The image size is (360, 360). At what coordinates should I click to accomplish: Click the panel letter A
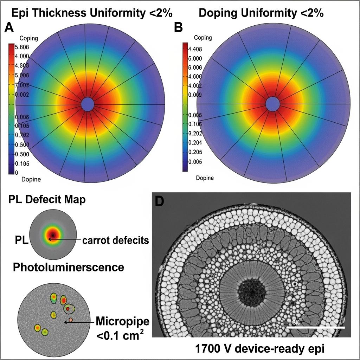pyautogui.click(x=9, y=27)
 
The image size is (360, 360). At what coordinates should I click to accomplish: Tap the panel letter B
pyautogui.click(x=179, y=27)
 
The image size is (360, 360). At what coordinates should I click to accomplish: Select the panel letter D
pyautogui.click(x=160, y=201)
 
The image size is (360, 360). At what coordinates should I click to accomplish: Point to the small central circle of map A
pyautogui.click(x=88, y=104)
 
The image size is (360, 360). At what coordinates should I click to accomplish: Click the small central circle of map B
pyautogui.click(x=272, y=104)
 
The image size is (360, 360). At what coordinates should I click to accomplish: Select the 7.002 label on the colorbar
pyautogui.click(x=22, y=85)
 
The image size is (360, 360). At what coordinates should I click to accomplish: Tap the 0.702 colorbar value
pyautogui.click(x=22, y=135)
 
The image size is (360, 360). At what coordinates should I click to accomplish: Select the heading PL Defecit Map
pyautogui.click(x=46, y=200)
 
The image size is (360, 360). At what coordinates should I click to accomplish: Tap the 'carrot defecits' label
pyautogui.click(x=116, y=240)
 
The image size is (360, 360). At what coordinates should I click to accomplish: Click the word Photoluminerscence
pyautogui.click(x=69, y=267)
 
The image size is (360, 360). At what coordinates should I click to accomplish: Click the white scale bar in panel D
pyautogui.click(x=316, y=327)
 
